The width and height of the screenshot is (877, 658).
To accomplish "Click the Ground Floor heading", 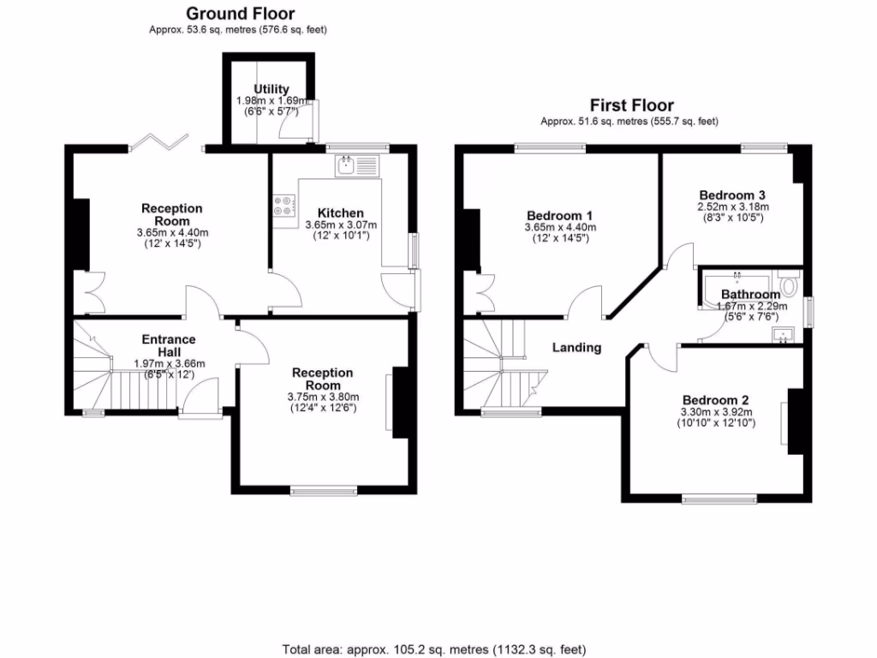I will pyautogui.click(x=240, y=13).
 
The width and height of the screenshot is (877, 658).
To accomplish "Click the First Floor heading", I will pyautogui.click(x=631, y=105).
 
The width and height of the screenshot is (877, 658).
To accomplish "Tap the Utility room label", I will pyautogui.click(x=271, y=89).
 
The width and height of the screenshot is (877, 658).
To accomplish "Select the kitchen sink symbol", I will pyautogui.click(x=357, y=164).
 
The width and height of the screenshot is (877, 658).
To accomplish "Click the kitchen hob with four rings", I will pyautogui.click(x=283, y=205).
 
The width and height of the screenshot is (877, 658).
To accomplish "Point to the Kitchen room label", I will pyautogui.click(x=340, y=212).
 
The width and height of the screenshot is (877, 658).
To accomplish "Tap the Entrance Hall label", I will pyautogui.click(x=169, y=345).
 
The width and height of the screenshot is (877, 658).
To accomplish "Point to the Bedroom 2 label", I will pyautogui.click(x=716, y=400).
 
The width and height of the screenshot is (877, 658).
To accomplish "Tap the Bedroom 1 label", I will pyautogui.click(x=560, y=215).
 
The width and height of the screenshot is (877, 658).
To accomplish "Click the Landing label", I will pyautogui.click(x=576, y=347).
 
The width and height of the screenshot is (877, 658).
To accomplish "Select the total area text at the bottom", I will pyautogui.click(x=434, y=649).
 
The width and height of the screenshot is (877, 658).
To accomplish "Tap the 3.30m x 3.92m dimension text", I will pyautogui.click(x=716, y=411).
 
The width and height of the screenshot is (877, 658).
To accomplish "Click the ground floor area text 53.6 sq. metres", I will pyautogui.click(x=239, y=30).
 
